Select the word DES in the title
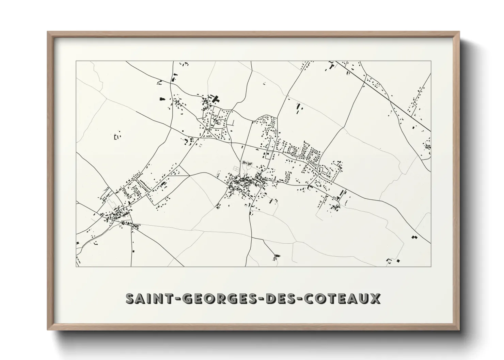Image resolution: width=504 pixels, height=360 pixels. [x=279, y=298]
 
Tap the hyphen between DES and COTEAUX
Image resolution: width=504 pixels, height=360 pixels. [x=298, y=299]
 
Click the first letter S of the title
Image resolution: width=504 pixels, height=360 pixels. [x=130, y=298]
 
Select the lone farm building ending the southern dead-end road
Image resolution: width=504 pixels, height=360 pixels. [x=277, y=256]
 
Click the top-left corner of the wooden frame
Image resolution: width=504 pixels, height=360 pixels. [x=48, y=32]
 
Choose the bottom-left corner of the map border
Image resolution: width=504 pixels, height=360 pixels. [x=76, y=266]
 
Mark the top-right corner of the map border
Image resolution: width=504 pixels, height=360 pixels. [x=431, y=61]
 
